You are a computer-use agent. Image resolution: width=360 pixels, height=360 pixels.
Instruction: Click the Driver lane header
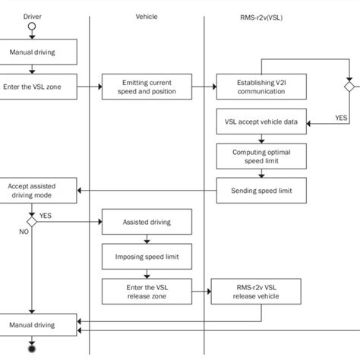33,16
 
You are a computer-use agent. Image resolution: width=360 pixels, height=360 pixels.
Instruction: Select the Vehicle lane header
147,16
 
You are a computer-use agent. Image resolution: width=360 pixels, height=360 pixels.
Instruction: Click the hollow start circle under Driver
32,28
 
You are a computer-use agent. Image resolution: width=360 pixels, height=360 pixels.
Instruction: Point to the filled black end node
32,350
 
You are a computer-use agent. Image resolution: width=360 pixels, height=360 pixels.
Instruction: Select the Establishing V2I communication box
261,86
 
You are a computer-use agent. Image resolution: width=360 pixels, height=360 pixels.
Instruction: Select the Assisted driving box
147,223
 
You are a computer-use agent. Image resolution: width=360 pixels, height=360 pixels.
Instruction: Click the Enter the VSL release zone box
147,291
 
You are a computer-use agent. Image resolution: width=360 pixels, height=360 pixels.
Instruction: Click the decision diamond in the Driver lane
32,222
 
